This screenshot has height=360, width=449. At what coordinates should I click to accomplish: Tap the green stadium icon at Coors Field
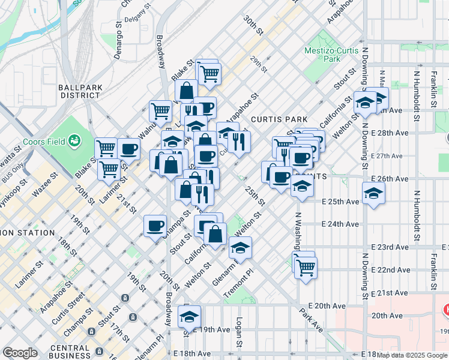click(75, 141)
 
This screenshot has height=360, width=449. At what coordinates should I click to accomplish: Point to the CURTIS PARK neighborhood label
click(279, 119)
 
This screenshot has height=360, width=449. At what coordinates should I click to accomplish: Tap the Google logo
click(20, 353)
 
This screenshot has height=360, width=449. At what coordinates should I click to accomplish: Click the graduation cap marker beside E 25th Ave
click(373, 193)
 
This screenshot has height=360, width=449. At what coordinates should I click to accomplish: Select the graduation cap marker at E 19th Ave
click(190, 316)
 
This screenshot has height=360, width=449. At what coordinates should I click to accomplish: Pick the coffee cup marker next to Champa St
click(155, 225)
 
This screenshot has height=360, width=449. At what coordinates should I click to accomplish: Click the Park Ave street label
click(313, 322)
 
